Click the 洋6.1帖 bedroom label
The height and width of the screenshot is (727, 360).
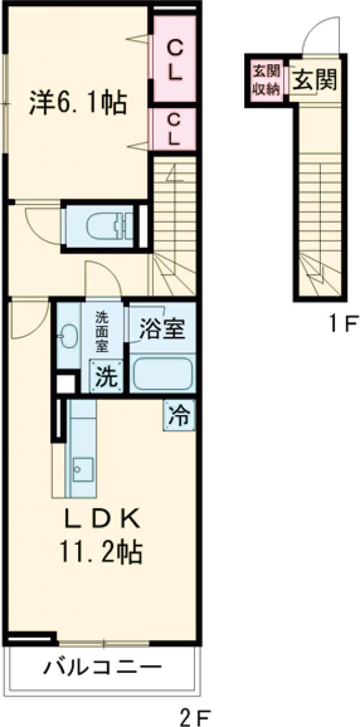pos(78,103)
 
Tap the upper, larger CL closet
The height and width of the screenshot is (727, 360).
pos(175,59)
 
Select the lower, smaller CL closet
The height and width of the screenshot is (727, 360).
pos(174,129)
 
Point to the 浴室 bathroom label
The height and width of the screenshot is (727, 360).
pos(162,329)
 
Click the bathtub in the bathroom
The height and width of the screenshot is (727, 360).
pos(163,373)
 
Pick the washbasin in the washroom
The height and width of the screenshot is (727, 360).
pos(68,336)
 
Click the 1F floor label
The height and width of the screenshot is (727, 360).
pos(343,325)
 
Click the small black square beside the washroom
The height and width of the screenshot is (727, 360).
pos(65,383)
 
